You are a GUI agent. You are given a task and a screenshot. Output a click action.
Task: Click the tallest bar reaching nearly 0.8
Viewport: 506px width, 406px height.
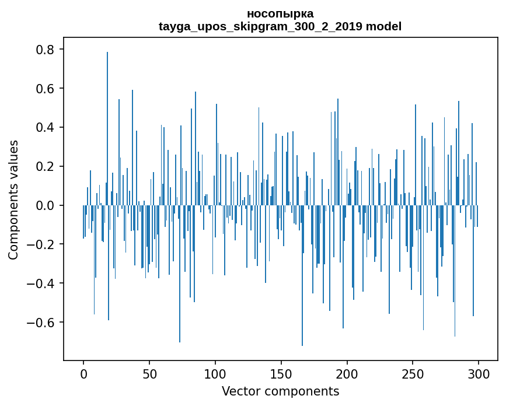107,129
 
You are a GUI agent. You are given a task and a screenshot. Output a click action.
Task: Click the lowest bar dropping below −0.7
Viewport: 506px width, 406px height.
302,275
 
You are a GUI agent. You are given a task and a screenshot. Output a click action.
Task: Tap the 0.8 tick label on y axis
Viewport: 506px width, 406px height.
45,50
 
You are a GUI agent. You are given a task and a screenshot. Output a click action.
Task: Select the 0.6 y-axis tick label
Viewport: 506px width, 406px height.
45,88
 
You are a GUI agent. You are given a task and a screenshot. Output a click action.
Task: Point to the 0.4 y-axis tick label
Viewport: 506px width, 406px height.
45,127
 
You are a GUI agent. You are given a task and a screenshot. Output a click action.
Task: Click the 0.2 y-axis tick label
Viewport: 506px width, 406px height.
45,166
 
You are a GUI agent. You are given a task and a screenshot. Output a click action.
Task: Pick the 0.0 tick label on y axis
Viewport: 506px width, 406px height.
45,205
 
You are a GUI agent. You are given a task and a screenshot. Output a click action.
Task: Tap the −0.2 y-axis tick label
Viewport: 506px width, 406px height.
40,244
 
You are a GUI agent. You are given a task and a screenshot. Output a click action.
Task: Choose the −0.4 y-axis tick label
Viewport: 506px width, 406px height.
40,283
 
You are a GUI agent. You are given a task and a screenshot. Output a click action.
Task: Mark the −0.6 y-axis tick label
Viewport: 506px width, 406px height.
40,323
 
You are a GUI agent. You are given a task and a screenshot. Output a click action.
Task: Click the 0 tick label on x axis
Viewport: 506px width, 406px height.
83,374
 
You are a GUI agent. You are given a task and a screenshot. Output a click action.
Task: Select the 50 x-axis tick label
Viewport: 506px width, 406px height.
149,374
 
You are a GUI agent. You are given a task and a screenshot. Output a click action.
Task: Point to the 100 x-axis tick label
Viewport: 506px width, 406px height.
215,374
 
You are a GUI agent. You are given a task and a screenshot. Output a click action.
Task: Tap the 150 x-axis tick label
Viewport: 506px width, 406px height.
281,374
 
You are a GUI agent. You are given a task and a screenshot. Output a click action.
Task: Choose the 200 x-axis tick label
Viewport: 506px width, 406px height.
347,374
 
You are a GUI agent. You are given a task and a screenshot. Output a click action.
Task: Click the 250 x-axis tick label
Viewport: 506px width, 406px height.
413,374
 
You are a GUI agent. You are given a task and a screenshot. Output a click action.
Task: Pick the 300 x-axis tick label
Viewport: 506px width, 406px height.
479,374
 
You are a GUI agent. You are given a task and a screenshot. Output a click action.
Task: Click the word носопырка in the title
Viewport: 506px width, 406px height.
280,14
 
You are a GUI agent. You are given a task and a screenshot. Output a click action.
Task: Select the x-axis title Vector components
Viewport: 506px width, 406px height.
280,391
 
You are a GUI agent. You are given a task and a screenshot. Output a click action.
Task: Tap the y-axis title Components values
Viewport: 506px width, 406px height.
13,200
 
